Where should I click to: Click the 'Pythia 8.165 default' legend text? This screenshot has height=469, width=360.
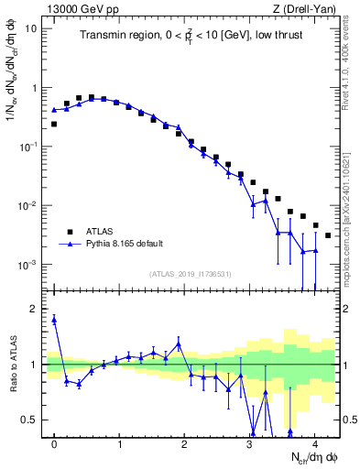pos(125,245)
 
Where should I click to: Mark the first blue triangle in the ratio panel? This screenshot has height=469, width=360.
pos(54,320)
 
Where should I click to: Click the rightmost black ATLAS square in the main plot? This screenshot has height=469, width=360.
pos(328,235)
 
